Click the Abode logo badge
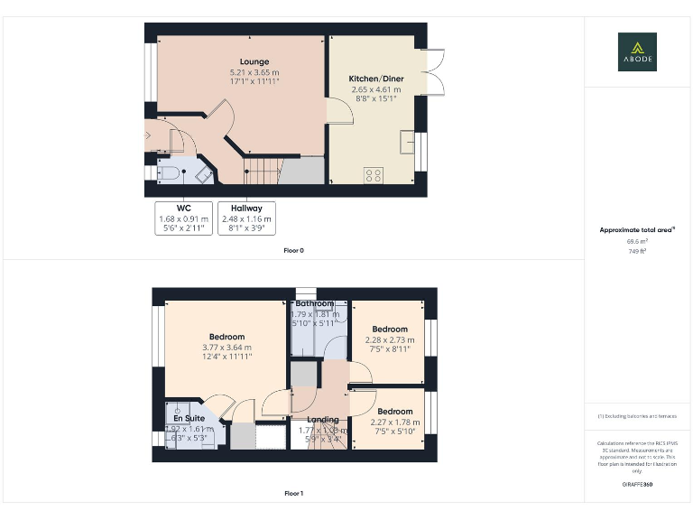tap(637, 51)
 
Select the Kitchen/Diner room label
tap(376, 79)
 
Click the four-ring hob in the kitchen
tap(374, 174)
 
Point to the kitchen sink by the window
tap(408, 142)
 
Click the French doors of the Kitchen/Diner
tap(431, 70)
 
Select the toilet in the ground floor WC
tap(169, 173)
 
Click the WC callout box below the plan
tap(183, 218)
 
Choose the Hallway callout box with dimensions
tap(246, 218)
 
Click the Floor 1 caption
tap(293, 494)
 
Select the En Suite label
tap(189, 419)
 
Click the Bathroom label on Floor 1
tap(314, 303)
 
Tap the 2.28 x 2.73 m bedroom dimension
tap(390, 339)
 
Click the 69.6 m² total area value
tap(637, 242)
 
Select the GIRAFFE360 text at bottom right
tap(637, 486)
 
